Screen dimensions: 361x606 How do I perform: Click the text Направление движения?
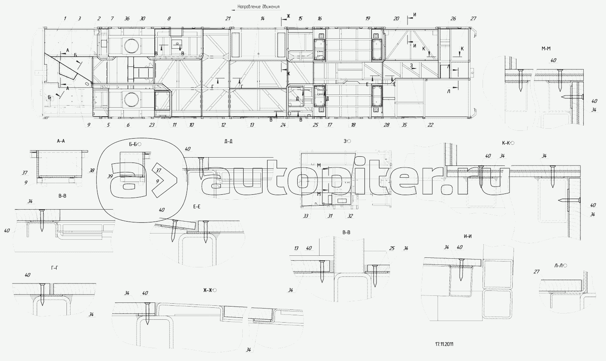point(259,7)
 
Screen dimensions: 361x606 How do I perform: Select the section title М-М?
point(546,49)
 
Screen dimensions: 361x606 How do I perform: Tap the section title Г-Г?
point(54,268)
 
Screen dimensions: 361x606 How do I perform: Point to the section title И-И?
point(468,236)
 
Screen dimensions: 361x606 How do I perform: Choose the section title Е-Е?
point(196,206)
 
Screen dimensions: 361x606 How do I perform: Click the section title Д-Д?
point(228,142)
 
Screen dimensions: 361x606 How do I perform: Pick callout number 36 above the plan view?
point(127,19)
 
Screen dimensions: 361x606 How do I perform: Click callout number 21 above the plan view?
point(228,19)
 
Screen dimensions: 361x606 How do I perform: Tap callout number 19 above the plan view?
point(368,19)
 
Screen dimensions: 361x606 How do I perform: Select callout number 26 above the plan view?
point(453,19)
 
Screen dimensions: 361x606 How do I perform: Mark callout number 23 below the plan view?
point(152,125)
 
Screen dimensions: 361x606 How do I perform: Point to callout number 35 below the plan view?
point(404,125)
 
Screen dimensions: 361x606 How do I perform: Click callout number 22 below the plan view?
point(430,125)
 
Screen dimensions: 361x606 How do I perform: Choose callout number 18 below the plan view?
point(353,125)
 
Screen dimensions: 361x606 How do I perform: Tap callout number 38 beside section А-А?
point(92,170)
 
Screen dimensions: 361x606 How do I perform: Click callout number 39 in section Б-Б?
point(110,176)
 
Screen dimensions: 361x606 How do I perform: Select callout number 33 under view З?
point(306,215)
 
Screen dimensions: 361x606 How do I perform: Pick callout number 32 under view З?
point(350,215)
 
